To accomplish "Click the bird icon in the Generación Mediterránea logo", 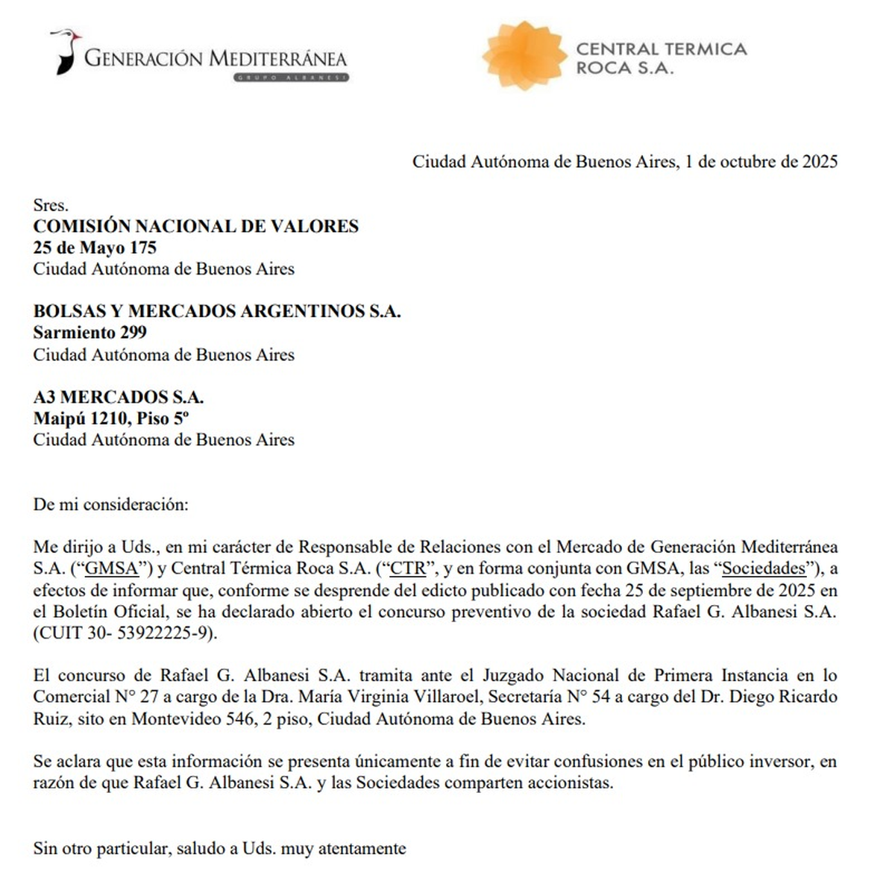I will point(66,51).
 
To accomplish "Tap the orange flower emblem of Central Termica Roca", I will point(523,56).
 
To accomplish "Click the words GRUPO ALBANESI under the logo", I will point(290,77).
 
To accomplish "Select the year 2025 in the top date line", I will point(820,162).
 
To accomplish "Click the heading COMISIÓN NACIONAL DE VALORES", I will point(195,226).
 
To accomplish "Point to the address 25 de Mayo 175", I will point(94,248).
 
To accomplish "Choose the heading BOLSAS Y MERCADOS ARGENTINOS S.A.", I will point(216,311).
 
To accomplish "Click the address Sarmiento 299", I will point(89,333).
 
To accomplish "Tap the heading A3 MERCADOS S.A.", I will point(118,397).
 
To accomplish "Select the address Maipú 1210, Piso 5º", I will point(110,418).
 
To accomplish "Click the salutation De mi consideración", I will point(110,504).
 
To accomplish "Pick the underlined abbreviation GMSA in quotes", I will point(112,568).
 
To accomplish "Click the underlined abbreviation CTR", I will point(408,568).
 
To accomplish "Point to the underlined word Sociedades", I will point(764,568).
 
